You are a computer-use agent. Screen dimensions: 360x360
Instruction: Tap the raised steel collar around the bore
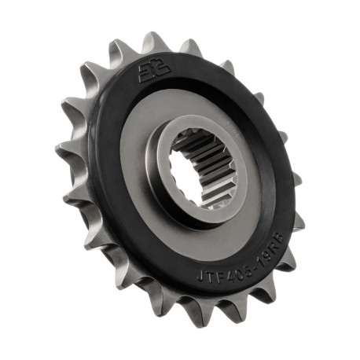pyautogui.click(x=174, y=189)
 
